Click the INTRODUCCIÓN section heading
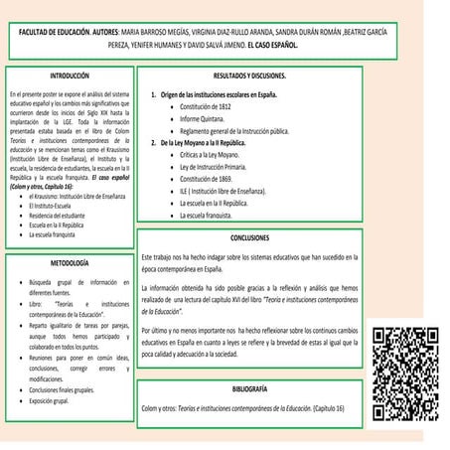click(x=69, y=75)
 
